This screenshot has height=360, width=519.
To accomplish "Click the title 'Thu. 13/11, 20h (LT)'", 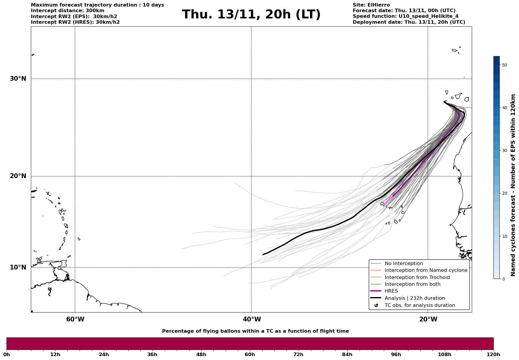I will click(251, 15).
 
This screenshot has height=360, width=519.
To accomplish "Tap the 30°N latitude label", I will click(18, 79).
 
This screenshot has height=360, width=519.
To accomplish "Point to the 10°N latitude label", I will click(18, 267).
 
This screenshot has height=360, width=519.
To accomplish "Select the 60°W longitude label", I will click(75, 319).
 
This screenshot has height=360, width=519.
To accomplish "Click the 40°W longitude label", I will click(252, 319).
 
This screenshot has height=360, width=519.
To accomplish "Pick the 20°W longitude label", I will click(428, 319).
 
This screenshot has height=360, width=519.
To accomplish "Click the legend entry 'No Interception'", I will click(404, 264).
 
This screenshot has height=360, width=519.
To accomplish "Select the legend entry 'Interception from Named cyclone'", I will click(426, 270).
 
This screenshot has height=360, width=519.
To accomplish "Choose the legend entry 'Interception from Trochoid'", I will click(417, 277).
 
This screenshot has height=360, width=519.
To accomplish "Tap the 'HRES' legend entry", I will click(391, 291).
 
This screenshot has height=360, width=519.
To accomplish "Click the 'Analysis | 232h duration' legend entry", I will click(414, 298).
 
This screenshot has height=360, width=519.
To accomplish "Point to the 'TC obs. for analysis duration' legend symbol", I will click(376, 305).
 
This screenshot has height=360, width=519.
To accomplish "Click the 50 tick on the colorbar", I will click(504, 65).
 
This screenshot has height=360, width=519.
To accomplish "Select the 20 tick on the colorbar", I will click(504, 194).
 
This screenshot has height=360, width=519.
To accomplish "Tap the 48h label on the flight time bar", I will click(201, 354).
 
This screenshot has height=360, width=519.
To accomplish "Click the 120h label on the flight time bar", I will click(493, 354).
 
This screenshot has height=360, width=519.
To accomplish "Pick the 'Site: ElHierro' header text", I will click(371, 5).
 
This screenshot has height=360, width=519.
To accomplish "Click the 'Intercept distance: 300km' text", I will click(67, 11).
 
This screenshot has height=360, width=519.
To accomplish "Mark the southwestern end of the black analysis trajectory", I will click(263, 254).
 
